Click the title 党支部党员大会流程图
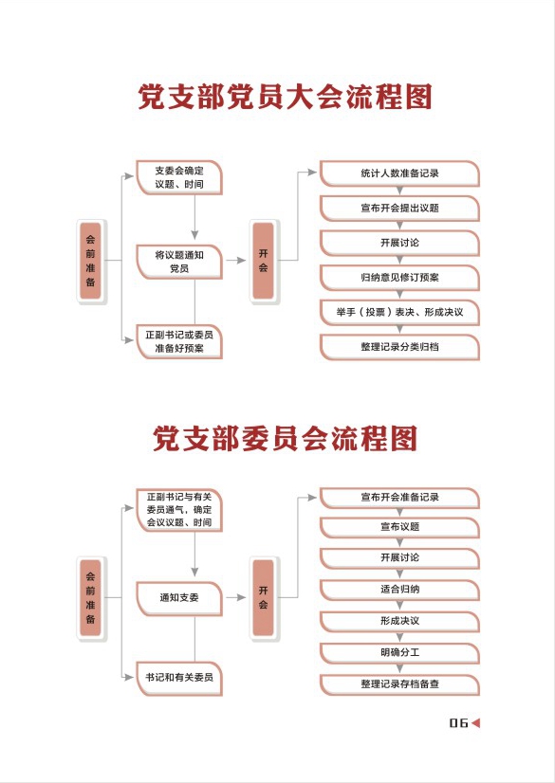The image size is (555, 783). click(x=285, y=97)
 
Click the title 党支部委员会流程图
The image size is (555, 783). click(x=285, y=439)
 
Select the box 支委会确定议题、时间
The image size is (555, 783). click(x=179, y=177)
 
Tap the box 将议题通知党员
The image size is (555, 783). click(x=179, y=262)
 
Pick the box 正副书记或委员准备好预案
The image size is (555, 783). click(x=179, y=341)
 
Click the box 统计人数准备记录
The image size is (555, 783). click(x=399, y=173)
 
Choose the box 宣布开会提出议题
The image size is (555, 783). click(x=399, y=209)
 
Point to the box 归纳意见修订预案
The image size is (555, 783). click(x=399, y=278)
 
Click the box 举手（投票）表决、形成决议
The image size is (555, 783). click(x=399, y=313)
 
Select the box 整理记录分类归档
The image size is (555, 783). click(x=399, y=347)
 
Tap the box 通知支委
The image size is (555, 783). click(x=179, y=598)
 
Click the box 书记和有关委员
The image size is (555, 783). click(x=179, y=678)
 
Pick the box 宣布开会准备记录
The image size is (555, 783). click(x=399, y=498)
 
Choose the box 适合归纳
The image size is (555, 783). click(x=399, y=590)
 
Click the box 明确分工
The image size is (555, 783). click(x=399, y=653)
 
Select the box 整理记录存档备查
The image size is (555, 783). click(x=399, y=684)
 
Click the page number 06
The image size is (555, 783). click(x=458, y=722)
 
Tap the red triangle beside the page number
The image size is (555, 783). click(x=475, y=722)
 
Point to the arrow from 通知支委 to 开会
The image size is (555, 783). click(x=236, y=597)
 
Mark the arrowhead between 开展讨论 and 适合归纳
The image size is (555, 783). click(x=399, y=574)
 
